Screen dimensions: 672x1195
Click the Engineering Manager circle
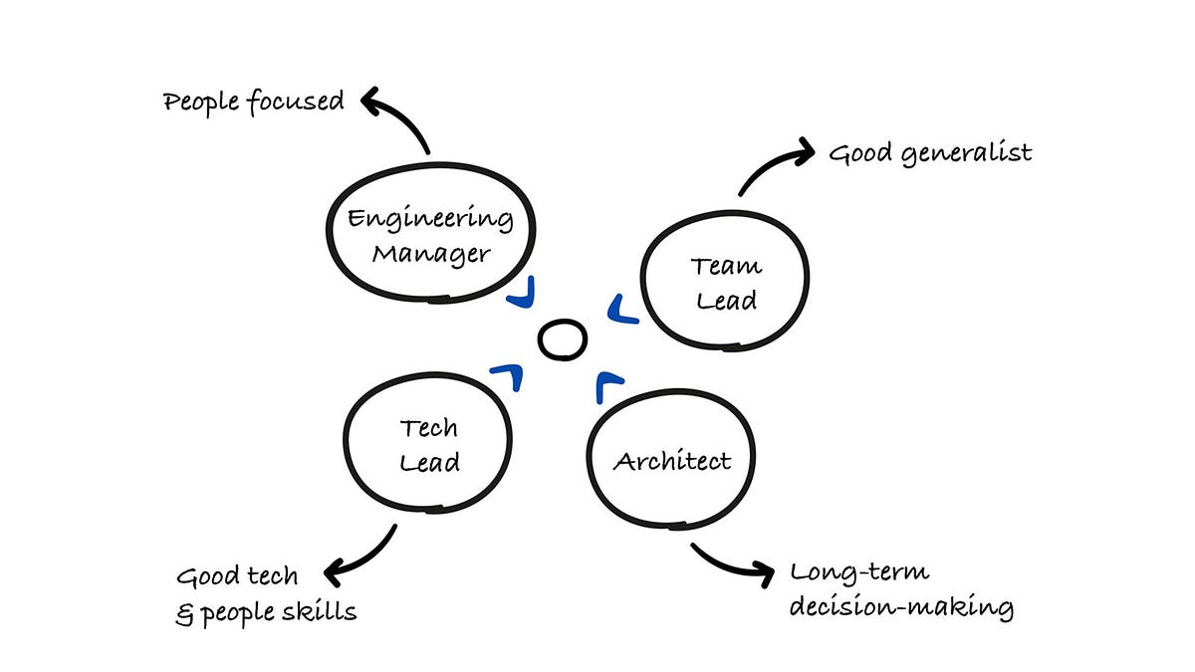click(430, 236)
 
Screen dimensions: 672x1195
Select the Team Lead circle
click(724, 282)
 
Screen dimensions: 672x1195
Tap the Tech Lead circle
click(427, 445)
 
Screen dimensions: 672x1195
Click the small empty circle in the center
click(562, 339)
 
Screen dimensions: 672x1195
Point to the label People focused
click(253, 102)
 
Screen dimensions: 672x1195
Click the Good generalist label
click(930, 153)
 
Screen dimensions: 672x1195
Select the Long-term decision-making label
click(900, 590)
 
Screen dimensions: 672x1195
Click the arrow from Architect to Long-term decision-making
click(732, 563)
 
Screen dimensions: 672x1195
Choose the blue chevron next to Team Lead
click(620, 311)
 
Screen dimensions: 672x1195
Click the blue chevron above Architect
click(607, 385)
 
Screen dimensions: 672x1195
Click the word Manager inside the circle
click(430, 254)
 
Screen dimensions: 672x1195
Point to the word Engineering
click(430, 219)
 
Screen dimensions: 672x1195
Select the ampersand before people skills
click(183, 612)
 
